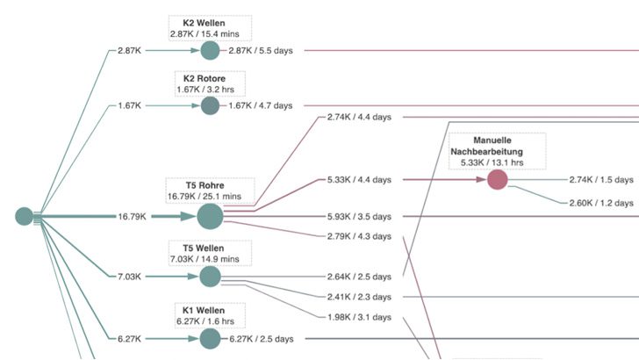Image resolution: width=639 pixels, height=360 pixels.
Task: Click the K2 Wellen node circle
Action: (x=211, y=51)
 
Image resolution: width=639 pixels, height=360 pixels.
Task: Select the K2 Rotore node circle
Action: (x=211, y=105)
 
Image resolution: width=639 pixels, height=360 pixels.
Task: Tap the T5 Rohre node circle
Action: (x=211, y=217)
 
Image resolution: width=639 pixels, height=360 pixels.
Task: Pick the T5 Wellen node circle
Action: (x=211, y=277)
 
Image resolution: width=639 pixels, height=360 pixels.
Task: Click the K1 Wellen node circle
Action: (x=211, y=339)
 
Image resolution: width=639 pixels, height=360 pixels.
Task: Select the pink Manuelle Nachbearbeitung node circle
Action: (x=498, y=180)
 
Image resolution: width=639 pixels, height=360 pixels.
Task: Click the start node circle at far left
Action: (x=24, y=216)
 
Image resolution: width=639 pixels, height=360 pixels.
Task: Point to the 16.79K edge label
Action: (x=132, y=217)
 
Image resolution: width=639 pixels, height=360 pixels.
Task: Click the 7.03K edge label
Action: (x=130, y=277)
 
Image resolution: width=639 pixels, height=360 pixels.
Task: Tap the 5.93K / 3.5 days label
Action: (x=359, y=217)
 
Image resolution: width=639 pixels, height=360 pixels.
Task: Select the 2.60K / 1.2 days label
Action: (x=601, y=203)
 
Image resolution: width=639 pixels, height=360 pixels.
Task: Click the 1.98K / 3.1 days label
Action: (x=359, y=317)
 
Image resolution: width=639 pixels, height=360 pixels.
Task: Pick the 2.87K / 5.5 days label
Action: (x=261, y=51)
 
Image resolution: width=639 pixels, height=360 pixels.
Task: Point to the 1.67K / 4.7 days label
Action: (x=261, y=105)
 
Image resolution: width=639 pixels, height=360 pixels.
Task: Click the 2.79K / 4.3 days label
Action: (x=359, y=236)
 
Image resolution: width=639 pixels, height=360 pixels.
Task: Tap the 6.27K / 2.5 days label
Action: (x=262, y=339)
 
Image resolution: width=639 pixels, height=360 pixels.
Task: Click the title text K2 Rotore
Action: (x=205, y=79)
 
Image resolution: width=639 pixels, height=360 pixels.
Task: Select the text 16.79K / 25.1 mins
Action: (x=205, y=197)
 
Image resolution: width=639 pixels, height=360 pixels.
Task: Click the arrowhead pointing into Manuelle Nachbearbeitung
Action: (x=481, y=179)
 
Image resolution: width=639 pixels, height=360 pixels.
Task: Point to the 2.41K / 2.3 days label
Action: (x=359, y=297)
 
